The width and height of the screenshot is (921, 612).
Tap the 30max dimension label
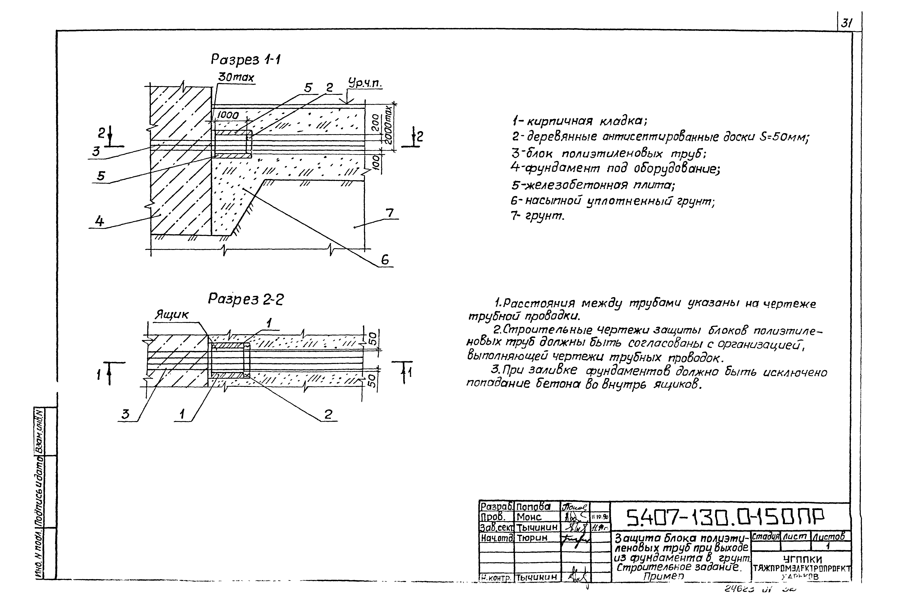236,78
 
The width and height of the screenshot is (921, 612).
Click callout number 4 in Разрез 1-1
100,221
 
